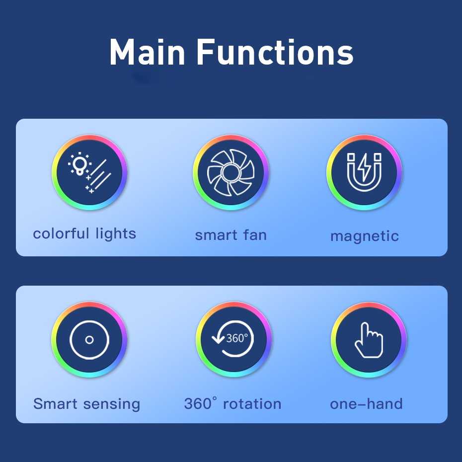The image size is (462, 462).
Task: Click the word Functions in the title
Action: (275, 52)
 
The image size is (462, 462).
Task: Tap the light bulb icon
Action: (79, 164)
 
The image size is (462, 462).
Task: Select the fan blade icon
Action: (231, 173)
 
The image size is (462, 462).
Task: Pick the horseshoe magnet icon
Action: (364, 172)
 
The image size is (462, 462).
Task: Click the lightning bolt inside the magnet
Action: (365, 167)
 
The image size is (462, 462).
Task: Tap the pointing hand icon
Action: (369, 340)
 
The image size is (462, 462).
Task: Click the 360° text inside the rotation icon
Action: (237, 338)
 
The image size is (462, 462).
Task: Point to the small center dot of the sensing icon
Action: (89, 340)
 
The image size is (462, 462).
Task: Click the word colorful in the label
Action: (61, 233)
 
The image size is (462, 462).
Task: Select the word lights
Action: (115, 234)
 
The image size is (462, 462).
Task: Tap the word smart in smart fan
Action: (216, 235)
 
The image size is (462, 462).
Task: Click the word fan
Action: (255, 235)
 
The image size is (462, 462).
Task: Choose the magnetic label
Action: (365, 236)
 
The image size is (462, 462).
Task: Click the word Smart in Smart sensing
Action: (56, 404)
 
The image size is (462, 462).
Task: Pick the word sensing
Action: (112, 404)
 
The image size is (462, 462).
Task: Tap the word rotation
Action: (252, 404)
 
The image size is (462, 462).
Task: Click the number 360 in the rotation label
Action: (198, 404)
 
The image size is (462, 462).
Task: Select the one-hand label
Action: (366, 404)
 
